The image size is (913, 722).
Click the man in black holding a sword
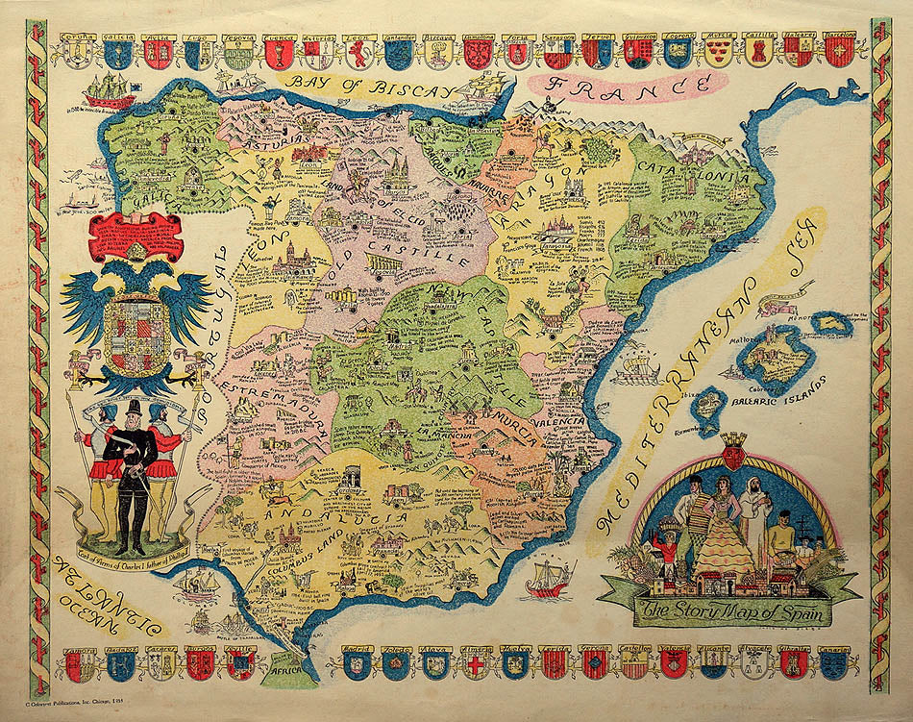click(131, 471)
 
